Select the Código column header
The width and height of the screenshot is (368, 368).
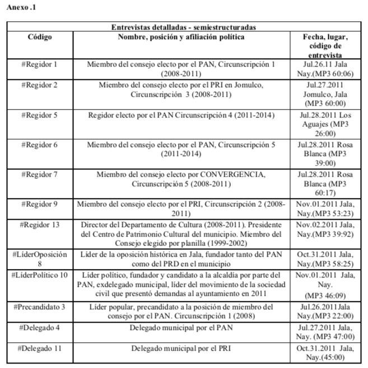[x=39, y=37]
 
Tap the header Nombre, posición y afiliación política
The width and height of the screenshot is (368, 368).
[x=181, y=37]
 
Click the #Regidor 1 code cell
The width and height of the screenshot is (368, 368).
[x=39, y=64]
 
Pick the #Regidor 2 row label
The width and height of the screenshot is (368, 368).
[x=39, y=85]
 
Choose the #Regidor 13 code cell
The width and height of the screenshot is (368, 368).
[x=39, y=225]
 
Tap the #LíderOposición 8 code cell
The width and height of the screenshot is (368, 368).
[x=39, y=259]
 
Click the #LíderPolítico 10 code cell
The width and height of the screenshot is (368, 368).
[x=39, y=275]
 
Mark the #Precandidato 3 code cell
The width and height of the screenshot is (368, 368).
[x=39, y=307]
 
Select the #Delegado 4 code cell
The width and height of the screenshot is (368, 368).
[x=39, y=327]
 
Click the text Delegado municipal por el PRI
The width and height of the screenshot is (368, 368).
[x=181, y=348]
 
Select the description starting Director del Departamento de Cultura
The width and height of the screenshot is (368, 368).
[x=181, y=233]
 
